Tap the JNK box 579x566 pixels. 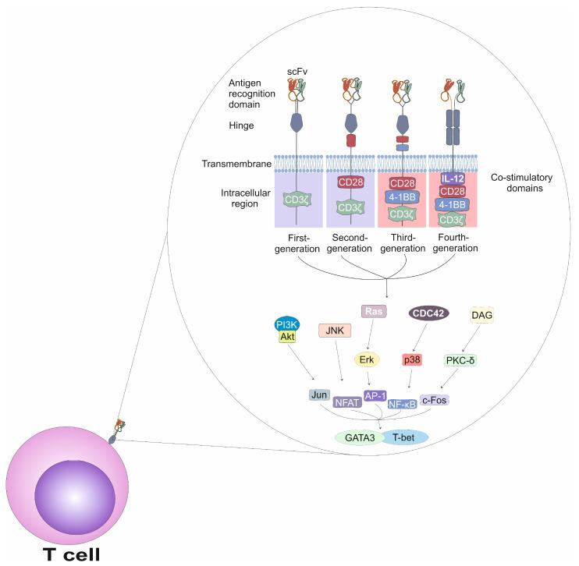pos(335,330)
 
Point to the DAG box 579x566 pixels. pos(483,314)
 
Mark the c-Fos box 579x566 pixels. pos(435,399)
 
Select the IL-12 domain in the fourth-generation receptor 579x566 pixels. pos(453,179)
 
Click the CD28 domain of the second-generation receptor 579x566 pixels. pos(350,182)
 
